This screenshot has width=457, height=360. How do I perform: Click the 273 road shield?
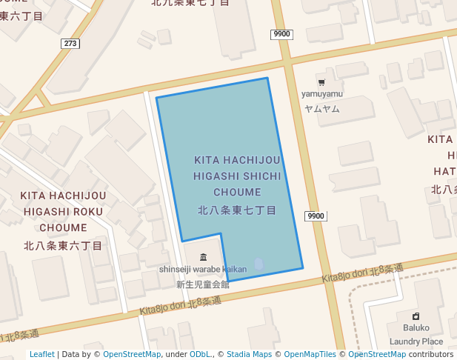70,44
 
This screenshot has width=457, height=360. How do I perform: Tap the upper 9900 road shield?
281,34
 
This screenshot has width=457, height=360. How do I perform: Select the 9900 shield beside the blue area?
315,216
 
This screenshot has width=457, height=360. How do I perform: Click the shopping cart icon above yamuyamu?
321,81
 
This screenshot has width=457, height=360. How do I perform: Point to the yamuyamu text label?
321,94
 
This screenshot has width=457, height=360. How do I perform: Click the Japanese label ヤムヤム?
321,108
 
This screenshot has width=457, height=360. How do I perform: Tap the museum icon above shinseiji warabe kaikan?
203,256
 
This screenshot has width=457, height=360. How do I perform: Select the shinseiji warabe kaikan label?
202,269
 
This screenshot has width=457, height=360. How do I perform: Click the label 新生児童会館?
202,284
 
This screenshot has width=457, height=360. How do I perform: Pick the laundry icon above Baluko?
416,316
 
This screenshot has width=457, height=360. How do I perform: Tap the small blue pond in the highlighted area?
258,263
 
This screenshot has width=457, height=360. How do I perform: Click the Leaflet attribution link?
42,354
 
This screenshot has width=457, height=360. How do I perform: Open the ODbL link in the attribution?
200,354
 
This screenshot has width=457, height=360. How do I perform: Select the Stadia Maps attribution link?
249,354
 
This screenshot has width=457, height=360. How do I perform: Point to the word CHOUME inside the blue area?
237,193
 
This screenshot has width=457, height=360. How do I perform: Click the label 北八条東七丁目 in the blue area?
237,210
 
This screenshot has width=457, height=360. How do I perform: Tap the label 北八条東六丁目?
63,245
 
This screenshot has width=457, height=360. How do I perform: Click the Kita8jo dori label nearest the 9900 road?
362,273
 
